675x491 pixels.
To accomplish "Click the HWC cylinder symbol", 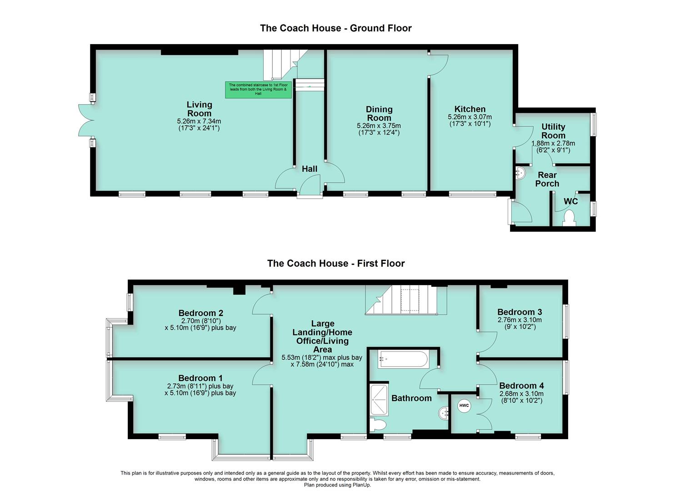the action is (x=464, y=406).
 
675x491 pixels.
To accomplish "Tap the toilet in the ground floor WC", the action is (x=569, y=218).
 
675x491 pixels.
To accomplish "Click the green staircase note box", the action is (x=258, y=90).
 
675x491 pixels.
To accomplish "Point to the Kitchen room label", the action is (x=470, y=109).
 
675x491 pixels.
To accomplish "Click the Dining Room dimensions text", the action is (x=379, y=129).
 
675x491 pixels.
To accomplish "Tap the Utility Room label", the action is (x=553, y=131).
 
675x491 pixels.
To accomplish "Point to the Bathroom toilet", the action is (x=378, y=425).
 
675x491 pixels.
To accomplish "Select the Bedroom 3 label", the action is (x=520, y=312).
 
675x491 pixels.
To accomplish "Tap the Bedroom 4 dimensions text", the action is (x=522, y=397).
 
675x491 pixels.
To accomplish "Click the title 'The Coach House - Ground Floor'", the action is (x=336, y=28).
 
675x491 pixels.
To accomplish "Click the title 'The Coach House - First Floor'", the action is (x=336, y=263).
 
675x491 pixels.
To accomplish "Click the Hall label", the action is (x=310, y=169).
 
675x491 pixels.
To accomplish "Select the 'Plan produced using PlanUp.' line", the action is (x=337, y=485).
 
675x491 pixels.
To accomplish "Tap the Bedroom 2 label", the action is (x=201, y=313).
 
